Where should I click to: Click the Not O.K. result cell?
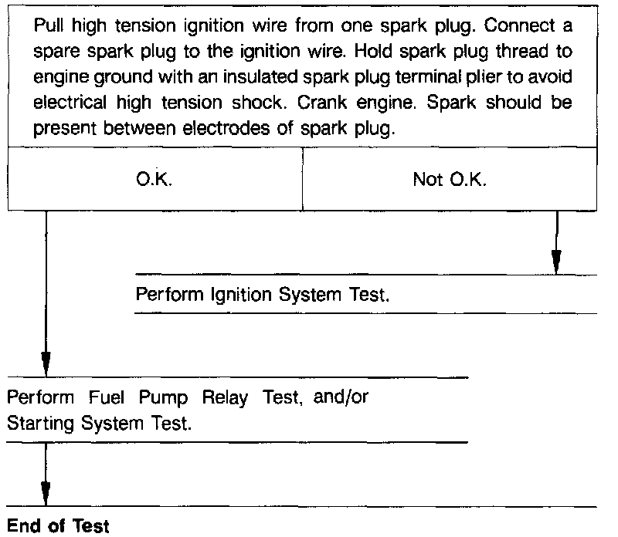point(450,180)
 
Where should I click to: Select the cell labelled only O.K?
point(154,180)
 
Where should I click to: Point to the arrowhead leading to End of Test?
point(46,491)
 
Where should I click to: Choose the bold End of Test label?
point(58,526)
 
